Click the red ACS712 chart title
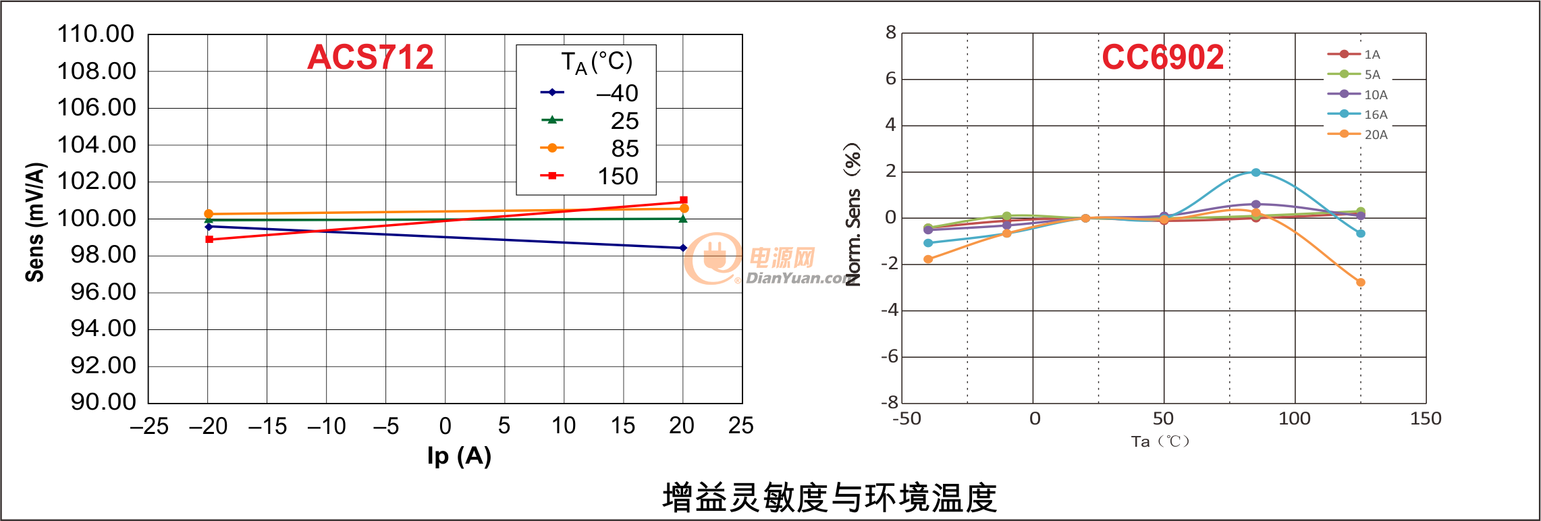tap(370, 57)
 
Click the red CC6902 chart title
tap(1162, 57)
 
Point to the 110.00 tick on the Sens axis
tap(96, 34)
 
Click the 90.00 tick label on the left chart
tap(103, 402)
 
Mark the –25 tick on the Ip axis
tap(149, 426)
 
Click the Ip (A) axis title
tap(459, 456)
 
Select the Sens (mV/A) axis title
tap(35, 222)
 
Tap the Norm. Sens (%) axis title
tap(853, 215)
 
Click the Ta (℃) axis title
tap(1160, 441)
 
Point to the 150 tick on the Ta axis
tap(1426, 418)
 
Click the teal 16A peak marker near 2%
tap(1255, 173)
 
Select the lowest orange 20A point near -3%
tap(1360, 282)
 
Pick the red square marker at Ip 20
tap(684, 200)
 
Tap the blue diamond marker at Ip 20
tap(683, 248)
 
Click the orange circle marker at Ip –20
tap(209, 213)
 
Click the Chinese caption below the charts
tap(830, 498)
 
